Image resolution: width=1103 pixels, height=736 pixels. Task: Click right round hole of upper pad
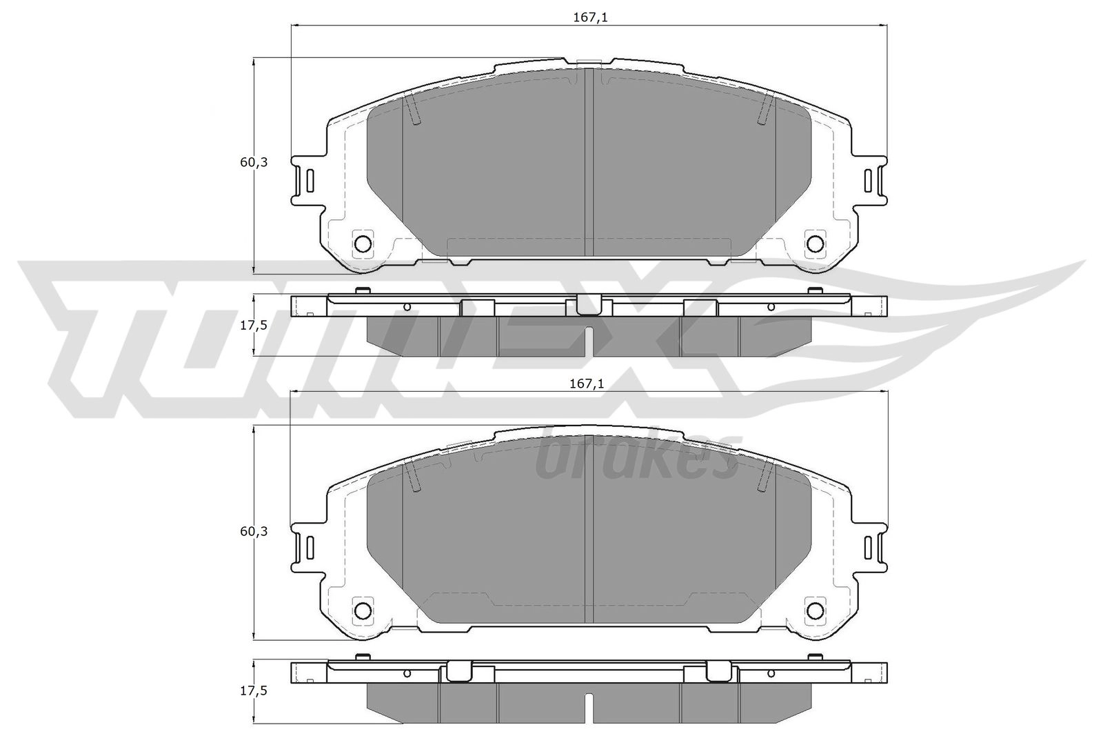(815, 243)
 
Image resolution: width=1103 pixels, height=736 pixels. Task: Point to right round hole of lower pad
(815, 610)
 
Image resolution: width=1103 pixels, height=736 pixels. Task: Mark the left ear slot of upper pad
(310, 181)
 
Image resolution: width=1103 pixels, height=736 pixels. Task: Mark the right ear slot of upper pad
(869, 181)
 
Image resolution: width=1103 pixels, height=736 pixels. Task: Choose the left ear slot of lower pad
(310, 548)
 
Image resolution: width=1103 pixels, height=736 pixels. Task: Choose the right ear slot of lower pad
(869, 548)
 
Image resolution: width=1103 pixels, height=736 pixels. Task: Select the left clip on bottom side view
(458, 672)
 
